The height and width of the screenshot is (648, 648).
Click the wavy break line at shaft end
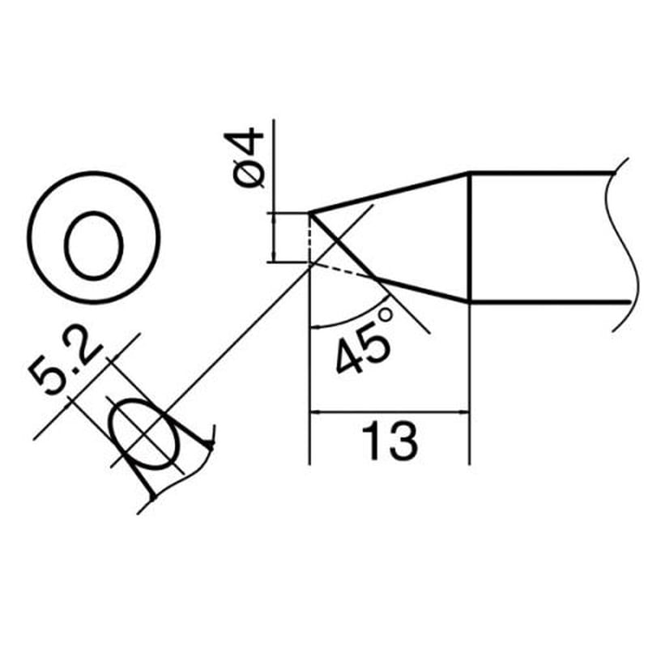(x=617, y=243)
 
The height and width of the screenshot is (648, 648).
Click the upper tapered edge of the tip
(x=389, y=193)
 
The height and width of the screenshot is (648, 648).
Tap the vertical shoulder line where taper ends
(x=471, y=235)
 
